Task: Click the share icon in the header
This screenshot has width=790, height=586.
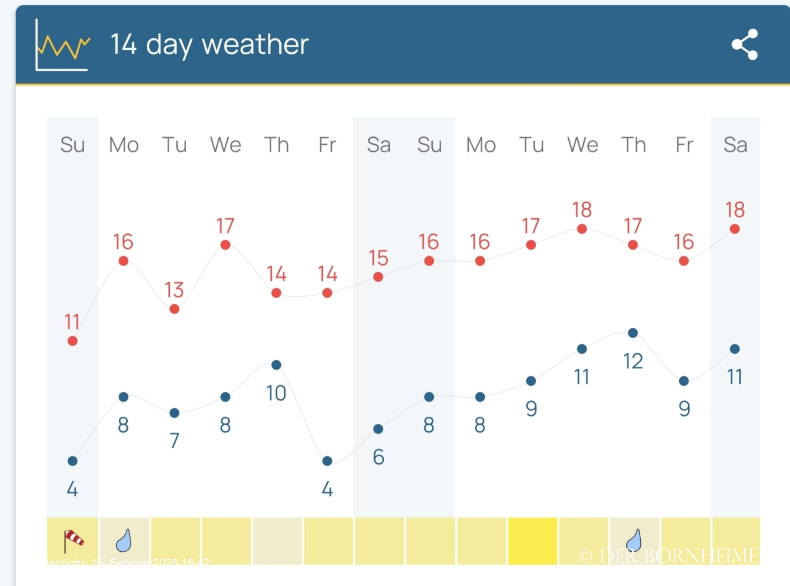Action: coord(745,44)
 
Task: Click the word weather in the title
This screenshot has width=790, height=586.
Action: coord(255,44)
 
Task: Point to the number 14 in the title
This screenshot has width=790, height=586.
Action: coord(123,44)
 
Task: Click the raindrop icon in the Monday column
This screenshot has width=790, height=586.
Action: coord(124,540)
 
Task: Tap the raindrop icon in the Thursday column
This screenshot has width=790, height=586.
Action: coord(634,540)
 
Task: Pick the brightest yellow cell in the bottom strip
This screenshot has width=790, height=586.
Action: coord(532,541)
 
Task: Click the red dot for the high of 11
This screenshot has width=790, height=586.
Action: coord(73,341)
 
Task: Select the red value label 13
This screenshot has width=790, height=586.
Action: coord(174,290)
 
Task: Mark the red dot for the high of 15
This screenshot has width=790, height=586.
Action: coord(378,277)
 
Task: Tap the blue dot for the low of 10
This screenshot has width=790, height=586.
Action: coord(276,365)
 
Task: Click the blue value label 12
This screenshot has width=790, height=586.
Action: coord(633,361)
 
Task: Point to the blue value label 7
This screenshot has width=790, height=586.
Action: coord(174,441)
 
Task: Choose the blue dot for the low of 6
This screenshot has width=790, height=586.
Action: coord(378,429)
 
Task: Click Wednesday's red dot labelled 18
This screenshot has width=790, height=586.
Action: coord(582,229)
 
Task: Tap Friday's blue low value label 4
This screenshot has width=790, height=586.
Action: coord(327,489)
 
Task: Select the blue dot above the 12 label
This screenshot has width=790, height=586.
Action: coord(633,333)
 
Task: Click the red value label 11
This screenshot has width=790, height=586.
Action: coord(72,322)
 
